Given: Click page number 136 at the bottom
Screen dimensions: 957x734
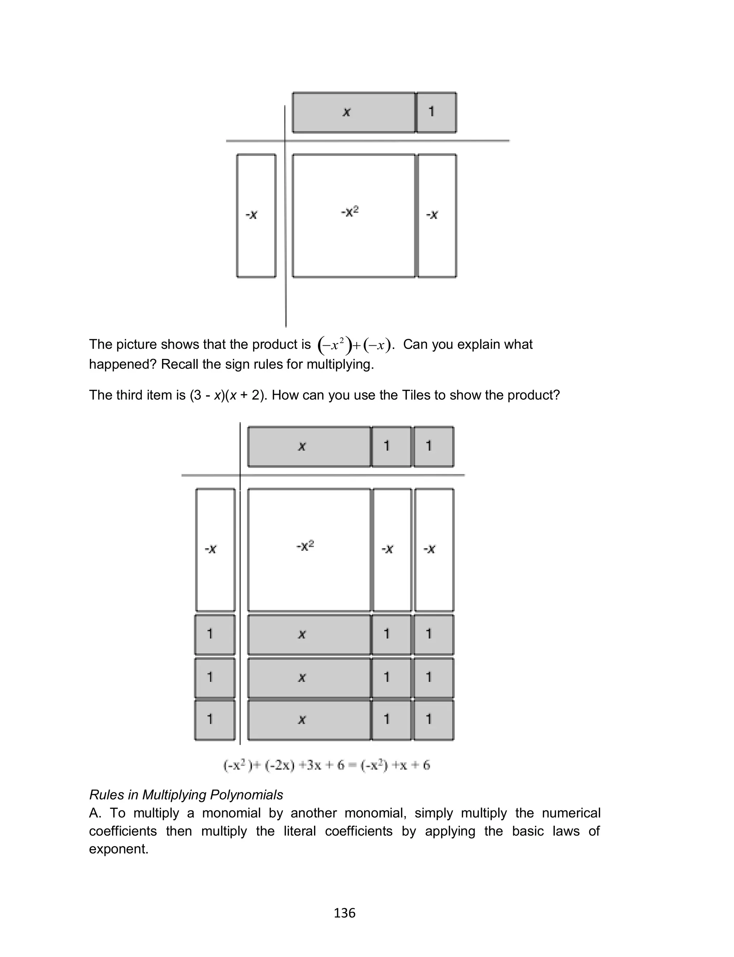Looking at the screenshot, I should coord(344,913).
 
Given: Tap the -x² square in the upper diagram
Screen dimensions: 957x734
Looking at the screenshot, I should coord(353,215).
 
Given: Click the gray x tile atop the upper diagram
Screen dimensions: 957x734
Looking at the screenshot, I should coord(353,112).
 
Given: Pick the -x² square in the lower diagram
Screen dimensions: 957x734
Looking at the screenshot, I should coord(309,550).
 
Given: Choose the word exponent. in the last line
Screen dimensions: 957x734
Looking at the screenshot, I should coord(119,849).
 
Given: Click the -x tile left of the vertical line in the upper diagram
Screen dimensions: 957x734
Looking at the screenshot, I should coord(256,215).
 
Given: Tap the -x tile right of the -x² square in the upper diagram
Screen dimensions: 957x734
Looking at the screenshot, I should coord(437,215).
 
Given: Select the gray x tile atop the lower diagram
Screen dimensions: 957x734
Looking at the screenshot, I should coord(309,447).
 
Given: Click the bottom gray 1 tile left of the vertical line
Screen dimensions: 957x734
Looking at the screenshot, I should coord(215,719).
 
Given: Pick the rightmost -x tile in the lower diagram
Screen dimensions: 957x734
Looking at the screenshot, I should coord(434,550).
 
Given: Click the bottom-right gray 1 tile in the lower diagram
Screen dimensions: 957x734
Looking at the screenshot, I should coord(434,719).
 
